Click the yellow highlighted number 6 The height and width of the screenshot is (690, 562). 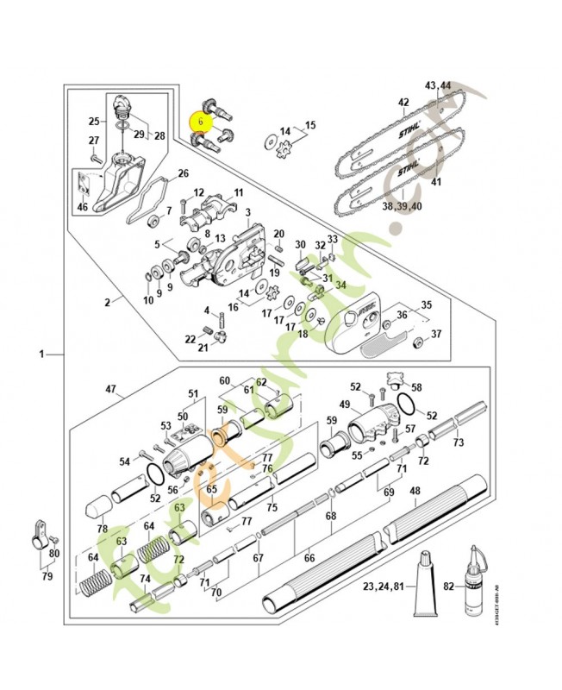click(200, 122)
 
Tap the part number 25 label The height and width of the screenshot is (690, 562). click(96, 121)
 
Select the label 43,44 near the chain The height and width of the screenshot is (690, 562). click(438, 86)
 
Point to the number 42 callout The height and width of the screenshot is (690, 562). click(403, 103)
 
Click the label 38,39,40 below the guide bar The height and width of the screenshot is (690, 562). click(403, 206)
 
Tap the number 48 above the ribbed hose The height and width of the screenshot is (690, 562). click(415, 492)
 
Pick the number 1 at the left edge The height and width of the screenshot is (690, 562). click(41, 354)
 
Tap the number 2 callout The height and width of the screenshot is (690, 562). click(108, 302)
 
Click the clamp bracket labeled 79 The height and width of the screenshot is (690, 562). click(37, 538)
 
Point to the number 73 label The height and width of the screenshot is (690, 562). click(459, 442)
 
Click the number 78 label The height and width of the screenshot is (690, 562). click(103, 529)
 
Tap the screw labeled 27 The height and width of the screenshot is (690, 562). click(92, 157)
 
